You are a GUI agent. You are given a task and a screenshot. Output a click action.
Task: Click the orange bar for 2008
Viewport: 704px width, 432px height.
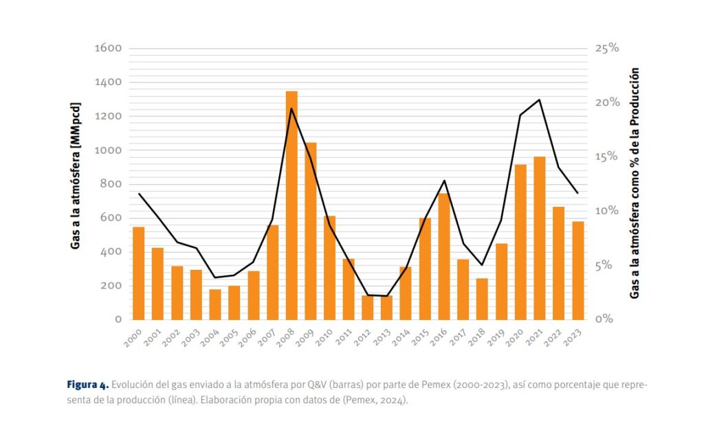(x=291, y=205)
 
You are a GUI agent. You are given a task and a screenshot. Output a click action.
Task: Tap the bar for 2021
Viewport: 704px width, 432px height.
(x=540, y=238)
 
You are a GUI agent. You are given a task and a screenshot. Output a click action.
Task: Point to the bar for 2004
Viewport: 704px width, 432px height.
(x=215, y=304)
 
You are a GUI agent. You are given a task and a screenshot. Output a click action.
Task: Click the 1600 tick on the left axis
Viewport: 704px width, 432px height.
(x=108, y=49)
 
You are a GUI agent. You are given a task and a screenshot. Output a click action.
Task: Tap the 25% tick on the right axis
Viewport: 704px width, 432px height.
(x=606, y=49)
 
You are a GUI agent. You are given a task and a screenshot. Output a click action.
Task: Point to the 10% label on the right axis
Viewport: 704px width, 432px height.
(x=606, y=211)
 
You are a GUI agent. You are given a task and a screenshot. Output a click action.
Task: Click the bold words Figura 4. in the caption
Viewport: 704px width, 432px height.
(x=87, y=384)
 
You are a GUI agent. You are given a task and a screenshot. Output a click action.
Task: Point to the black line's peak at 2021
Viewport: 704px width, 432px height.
(x=540, y=100)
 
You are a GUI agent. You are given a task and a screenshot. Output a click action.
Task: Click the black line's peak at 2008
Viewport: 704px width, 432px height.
(x=291, y=109)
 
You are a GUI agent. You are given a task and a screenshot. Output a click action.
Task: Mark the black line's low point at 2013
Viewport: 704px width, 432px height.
(x=386, y=296)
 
